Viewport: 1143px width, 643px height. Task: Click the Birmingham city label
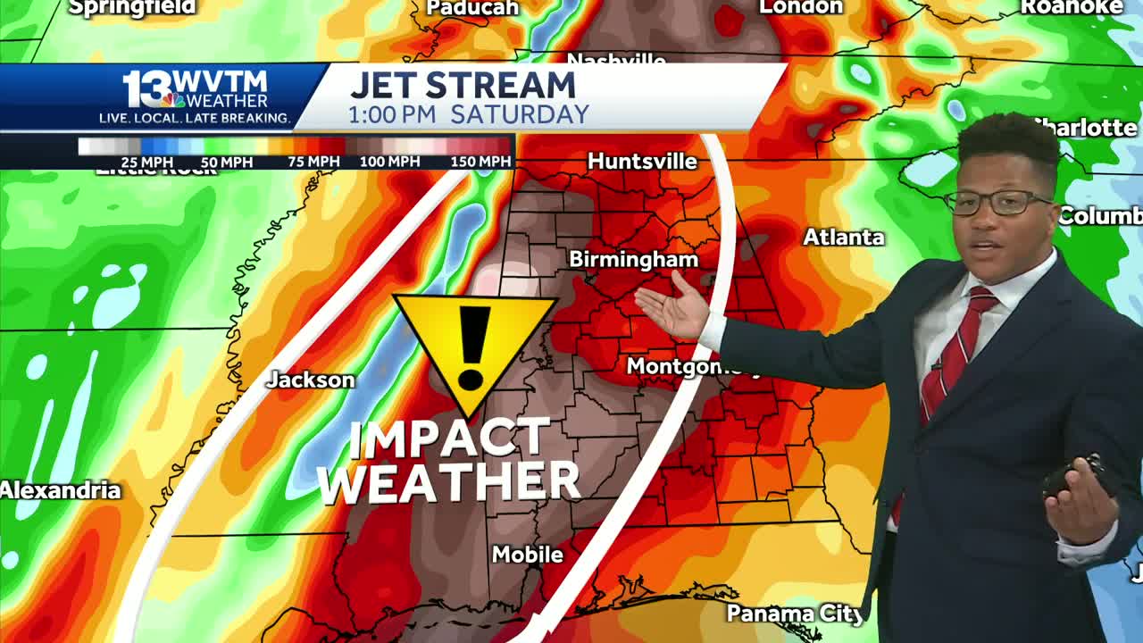coord(633,259)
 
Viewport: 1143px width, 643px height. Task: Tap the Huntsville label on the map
coord(642,162)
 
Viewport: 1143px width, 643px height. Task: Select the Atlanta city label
coord(843,238)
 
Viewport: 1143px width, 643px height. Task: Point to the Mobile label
coord(527,555)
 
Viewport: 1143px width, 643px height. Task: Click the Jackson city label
coord(311,380)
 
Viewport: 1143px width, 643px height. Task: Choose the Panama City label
coord(795,614)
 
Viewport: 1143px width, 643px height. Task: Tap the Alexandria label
coord(60,490)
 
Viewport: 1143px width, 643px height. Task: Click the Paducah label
coord(472,8)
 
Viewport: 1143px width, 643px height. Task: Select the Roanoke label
coord(1071,7)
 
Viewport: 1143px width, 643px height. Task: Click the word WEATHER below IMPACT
coord(449,482)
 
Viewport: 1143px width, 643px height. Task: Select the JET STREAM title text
coord(463,86)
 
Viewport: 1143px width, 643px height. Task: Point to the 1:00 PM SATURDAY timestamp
coord(469,115)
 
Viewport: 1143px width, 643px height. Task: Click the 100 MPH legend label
coord(389,162)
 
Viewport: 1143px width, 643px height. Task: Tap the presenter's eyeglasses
coord(997,203)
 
